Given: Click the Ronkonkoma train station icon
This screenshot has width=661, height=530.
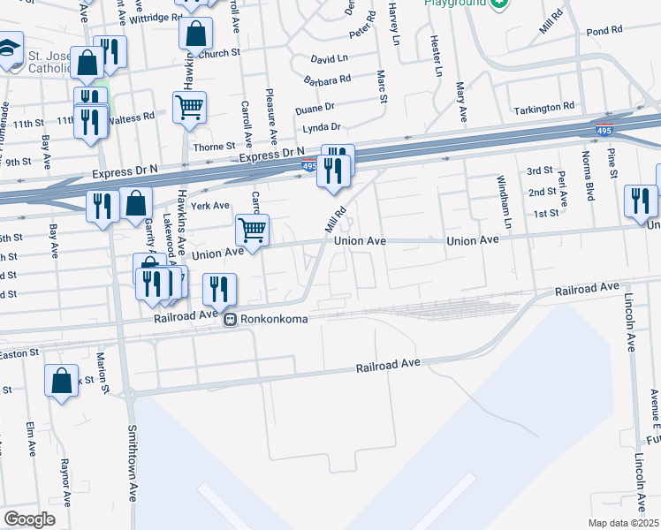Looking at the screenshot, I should pos(230,319).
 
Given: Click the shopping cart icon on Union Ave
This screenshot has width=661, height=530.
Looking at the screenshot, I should pos(253,231).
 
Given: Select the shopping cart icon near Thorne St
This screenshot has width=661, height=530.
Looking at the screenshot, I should pos(189,108).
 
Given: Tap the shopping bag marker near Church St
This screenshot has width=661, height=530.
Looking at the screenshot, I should pos(196,35).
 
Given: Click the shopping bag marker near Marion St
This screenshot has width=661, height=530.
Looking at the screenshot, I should pos(61,381).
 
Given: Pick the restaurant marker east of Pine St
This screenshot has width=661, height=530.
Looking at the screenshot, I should pos(640,201).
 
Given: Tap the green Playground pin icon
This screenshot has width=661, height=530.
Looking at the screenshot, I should pos(501,4).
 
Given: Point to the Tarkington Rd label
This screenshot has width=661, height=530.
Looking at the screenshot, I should pos(543,108).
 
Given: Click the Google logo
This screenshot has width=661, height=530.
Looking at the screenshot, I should pos(30,519).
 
